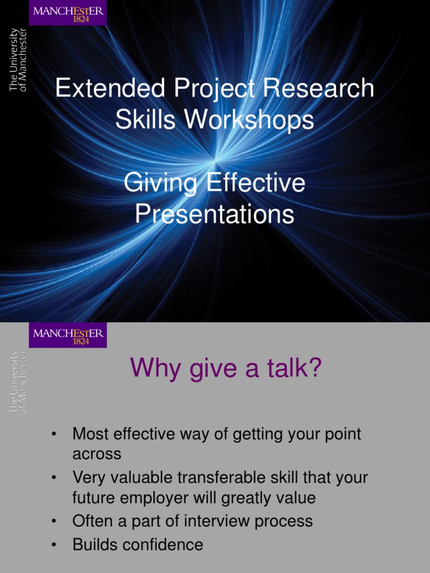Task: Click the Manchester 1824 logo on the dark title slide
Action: click(68, 13)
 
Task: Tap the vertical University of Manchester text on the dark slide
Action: click(17, 60)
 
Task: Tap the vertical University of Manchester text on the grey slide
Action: click(17, 383)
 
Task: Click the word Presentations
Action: click(214, 215)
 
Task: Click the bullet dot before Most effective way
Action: click(54, 435)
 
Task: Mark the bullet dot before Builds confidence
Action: click(54, 545)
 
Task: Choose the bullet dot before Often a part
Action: click(54, 522)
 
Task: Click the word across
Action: click(97, 454)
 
